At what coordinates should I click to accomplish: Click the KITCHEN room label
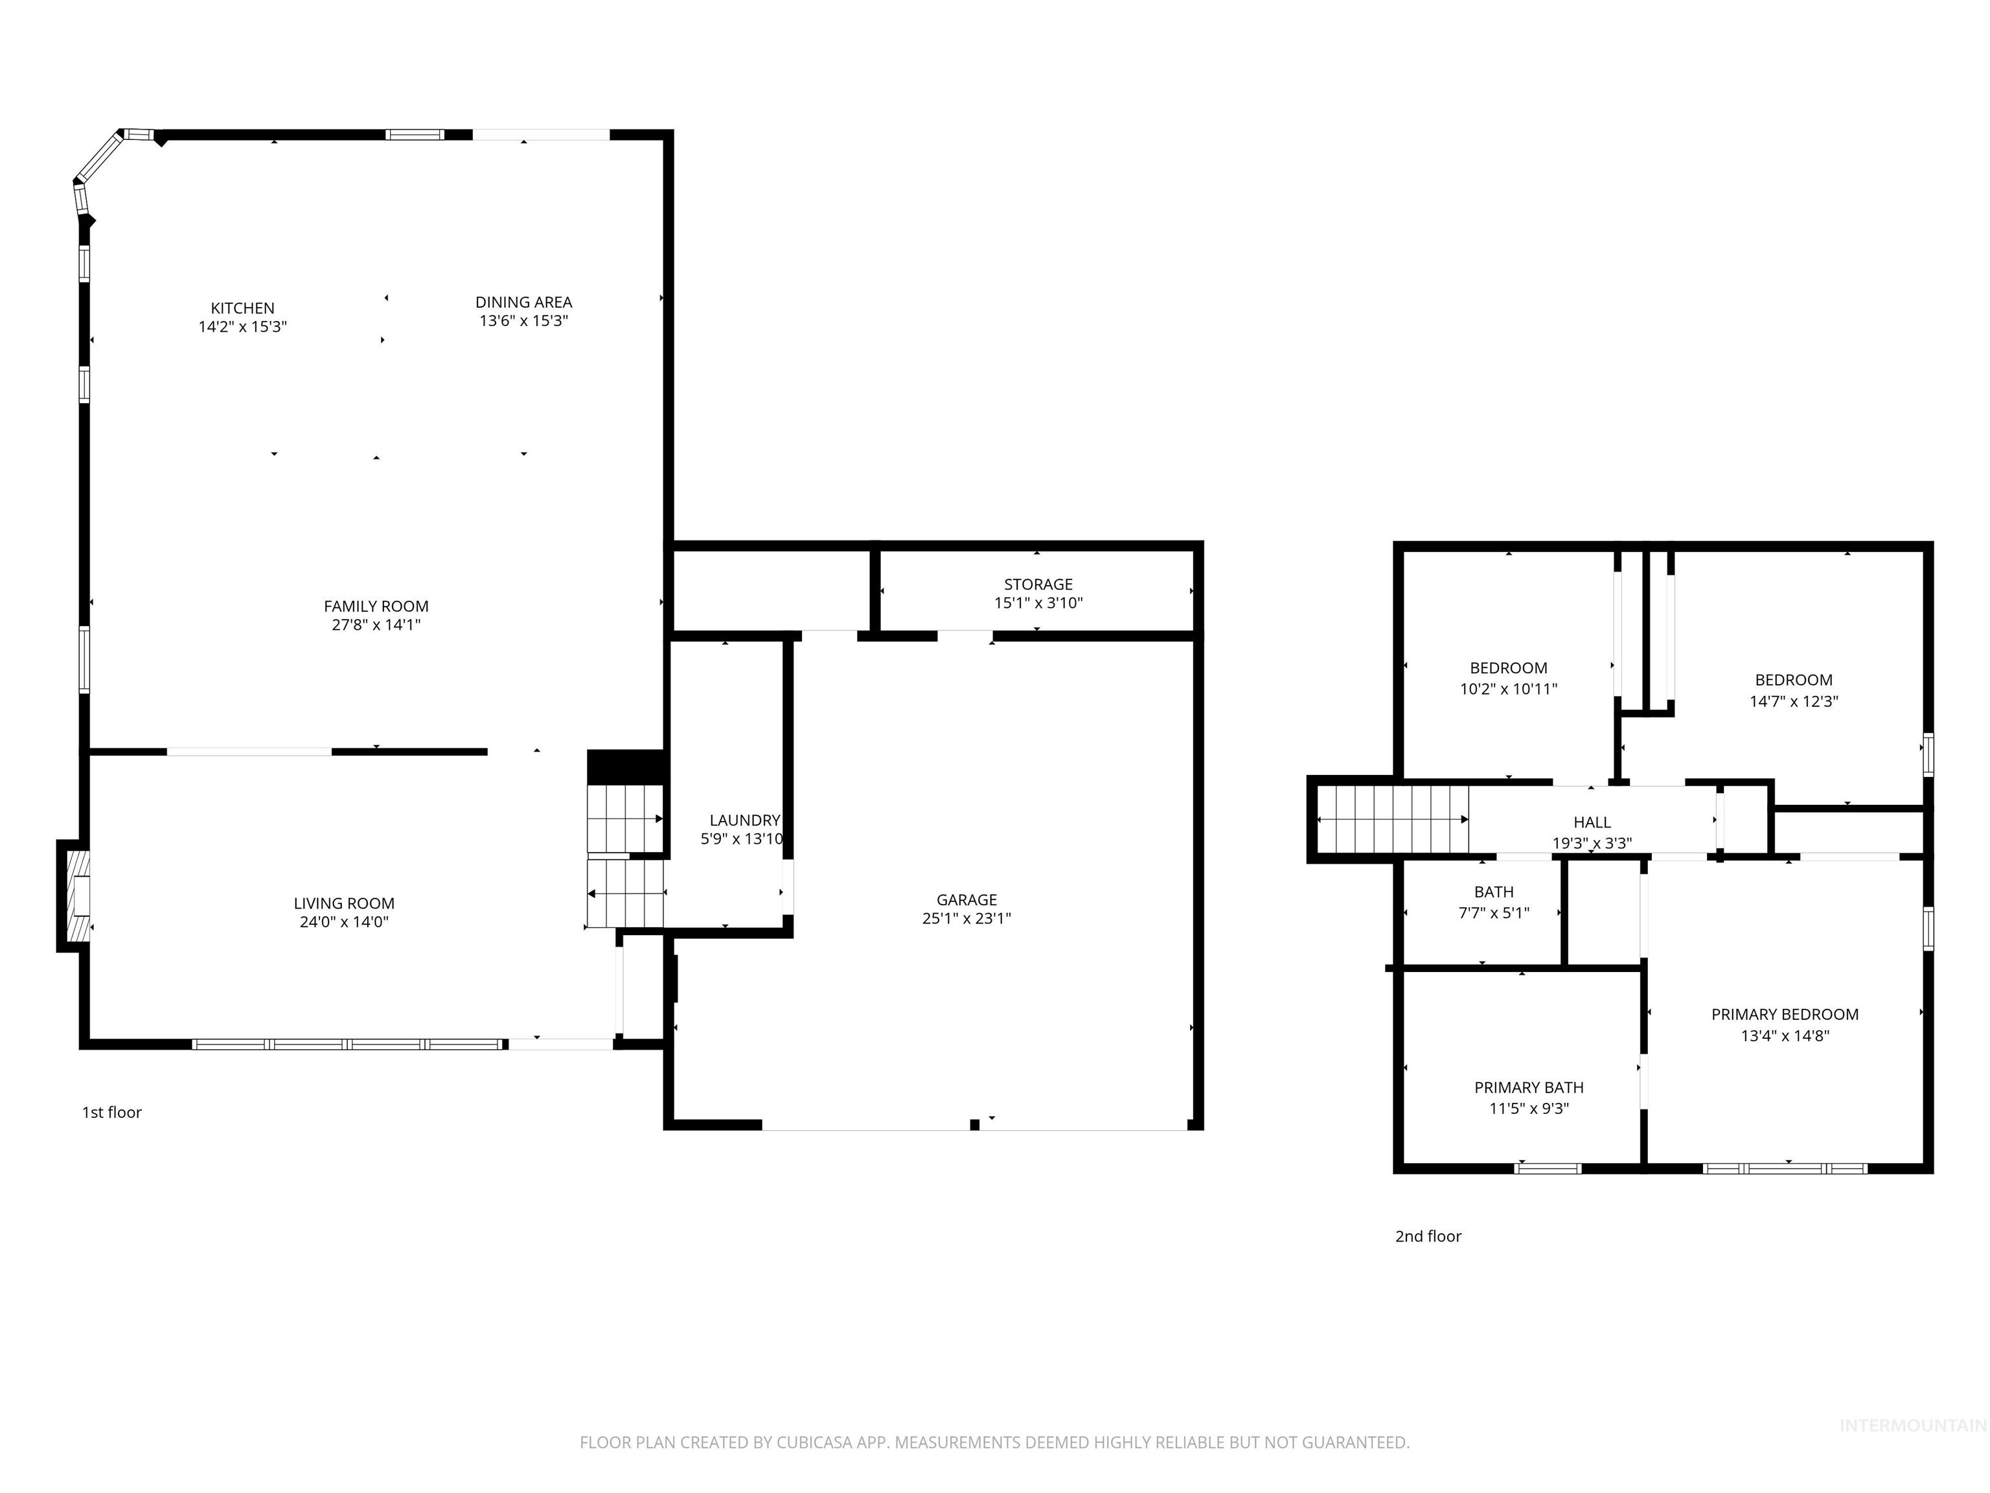tap(242, 308)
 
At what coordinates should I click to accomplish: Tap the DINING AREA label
tap(523, 303)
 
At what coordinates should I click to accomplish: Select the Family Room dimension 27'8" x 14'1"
tap(376, 625)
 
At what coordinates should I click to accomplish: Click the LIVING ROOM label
tap(344, 903)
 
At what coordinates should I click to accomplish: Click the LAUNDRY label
tap(744, 820)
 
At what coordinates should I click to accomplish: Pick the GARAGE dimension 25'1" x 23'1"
tap(966, 919)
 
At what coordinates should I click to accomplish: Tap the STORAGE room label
tap(1038, 584)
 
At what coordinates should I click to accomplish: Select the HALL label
tap(1592, 822)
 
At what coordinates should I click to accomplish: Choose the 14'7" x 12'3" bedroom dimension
tap(1793, 702)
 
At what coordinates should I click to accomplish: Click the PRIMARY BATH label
tap(1529, 1087)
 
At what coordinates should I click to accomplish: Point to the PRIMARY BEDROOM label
tap(1784, 1014)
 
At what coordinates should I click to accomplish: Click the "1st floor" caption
tap(111, 1113)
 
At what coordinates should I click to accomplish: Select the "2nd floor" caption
tap(1428, 1236)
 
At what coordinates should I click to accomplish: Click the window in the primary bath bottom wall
tap(1548, 1169)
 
